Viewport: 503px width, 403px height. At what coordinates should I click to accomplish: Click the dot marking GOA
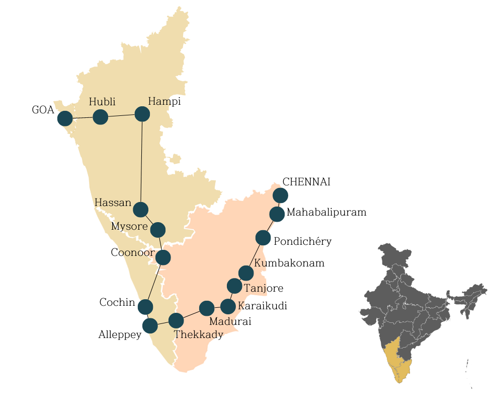[x=65, y=118]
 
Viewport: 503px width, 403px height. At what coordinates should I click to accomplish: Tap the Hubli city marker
[x=101, y=117]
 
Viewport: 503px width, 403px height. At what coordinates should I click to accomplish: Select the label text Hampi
[x=164, y=102]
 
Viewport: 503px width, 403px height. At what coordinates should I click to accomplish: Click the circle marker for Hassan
[x=140, y=209]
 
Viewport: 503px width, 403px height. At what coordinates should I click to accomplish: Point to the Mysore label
[x=129, y=226]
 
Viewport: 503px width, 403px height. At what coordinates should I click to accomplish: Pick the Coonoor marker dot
[x=163, y=257]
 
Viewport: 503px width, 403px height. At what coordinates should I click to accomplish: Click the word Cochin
[x=117, y=303]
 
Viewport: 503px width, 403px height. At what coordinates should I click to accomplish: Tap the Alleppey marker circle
[x=150, y=326]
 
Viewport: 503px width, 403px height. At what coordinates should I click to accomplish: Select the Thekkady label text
[x=198, y=334]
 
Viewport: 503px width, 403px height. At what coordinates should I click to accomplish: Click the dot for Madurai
[x=207, y=308]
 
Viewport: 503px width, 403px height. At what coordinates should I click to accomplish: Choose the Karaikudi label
[x=262, y=306]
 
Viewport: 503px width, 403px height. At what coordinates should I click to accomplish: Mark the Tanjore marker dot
[x=234, y=286]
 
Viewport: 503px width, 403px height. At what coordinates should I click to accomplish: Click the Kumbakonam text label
[x=289, y=263]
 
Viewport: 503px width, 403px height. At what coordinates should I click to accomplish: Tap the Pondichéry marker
[x=263, y=237]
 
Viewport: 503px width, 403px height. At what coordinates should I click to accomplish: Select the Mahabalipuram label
[x=326, y=212]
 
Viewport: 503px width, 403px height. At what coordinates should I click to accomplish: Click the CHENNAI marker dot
[x=280, y=195]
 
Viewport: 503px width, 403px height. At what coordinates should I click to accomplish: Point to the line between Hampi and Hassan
[x=141, y=161]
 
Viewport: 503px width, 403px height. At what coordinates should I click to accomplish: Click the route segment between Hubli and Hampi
[x=121, y=116]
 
